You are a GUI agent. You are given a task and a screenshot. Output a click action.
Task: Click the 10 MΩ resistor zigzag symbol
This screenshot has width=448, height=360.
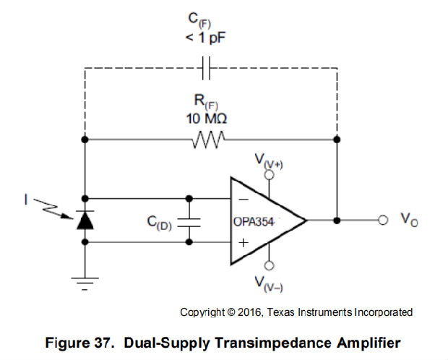210,138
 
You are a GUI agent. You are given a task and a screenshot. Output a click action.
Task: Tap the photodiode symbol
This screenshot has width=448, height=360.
86,220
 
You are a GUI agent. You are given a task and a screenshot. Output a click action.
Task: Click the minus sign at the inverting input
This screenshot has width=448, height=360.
244,197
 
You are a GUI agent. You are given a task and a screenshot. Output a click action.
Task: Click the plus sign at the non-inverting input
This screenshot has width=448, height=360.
244,244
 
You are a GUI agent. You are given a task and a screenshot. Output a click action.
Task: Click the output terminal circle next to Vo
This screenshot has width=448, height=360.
382,220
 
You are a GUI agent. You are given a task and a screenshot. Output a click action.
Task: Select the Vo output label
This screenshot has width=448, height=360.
409,219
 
